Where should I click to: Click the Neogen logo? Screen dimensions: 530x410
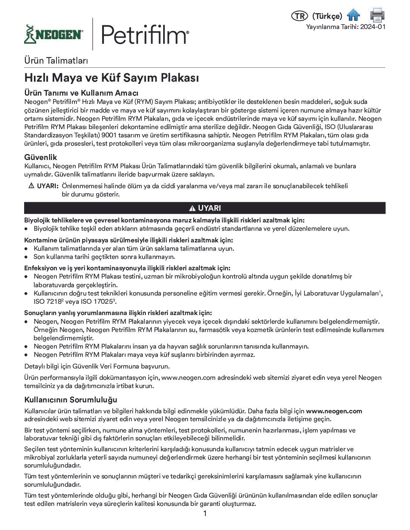coord(54,34)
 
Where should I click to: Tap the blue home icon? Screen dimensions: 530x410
coord(353,15)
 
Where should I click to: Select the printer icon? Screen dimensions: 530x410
coord(377,15)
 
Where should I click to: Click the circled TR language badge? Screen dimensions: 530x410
coord(299,16)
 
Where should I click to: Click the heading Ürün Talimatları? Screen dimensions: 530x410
coord(56,60)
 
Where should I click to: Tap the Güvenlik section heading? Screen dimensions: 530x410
coord(41,157)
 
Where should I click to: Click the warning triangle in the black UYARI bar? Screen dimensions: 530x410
coord(192,209)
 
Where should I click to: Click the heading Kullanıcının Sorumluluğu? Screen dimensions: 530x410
coord(71,399)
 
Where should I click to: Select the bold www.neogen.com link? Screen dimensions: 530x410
coord(334,411)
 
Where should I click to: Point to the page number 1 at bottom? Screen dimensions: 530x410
coord(205,514)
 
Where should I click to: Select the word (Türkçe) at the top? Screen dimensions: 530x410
coord(327,16)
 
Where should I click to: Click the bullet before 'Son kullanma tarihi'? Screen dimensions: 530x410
coord(26,257)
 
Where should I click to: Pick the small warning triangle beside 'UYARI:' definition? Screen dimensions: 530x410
coord(31,186)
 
